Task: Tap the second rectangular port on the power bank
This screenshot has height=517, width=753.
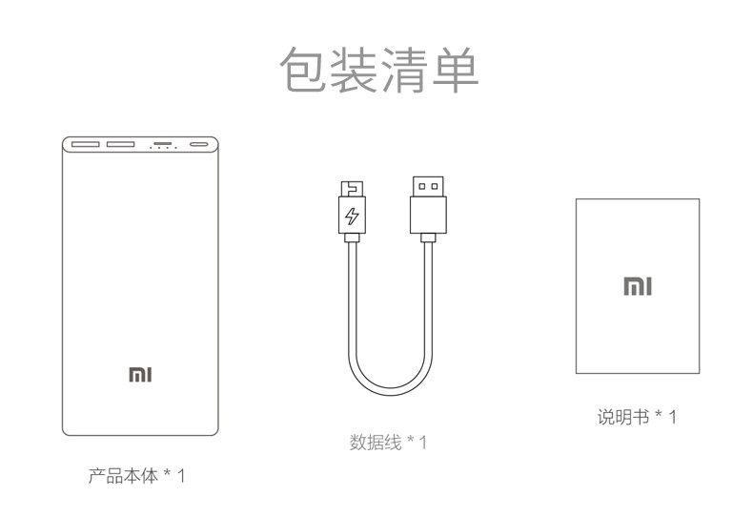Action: coord(121,146)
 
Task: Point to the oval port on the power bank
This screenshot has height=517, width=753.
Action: coord(200,146)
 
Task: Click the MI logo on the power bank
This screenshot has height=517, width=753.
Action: coord(140,374)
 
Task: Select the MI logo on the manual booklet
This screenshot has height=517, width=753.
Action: coord(638,285)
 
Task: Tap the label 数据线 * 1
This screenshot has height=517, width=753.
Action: coord(389,443)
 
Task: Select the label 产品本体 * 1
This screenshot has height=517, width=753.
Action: coord(136,474)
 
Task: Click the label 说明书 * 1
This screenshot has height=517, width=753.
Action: coord(637,417)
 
